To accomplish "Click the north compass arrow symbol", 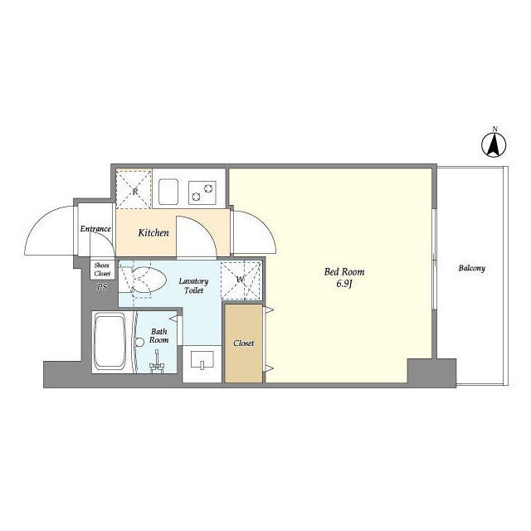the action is coord(494,145).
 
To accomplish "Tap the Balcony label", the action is coord(472,268).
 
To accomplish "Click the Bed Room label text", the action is coord(344,271).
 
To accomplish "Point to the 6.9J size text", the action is coord(344,284).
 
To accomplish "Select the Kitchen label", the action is coord(153,232).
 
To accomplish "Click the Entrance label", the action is coord(95,229).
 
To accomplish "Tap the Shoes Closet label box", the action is coord(102,269).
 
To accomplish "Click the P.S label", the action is coord(102,287).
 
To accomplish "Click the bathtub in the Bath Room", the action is coord(110,341).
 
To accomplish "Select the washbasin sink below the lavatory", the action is coord(202,359).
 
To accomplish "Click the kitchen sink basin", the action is coord(168,192).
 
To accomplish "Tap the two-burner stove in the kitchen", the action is coord(202,192).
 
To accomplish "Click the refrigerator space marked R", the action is coord(134,189).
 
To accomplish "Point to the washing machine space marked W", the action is coord(241,280).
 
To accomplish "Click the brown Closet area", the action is coord(243,343).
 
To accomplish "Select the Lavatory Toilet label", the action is coord(193,285).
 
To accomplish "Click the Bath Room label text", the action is coord(158,335).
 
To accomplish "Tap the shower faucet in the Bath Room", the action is coord(157,363).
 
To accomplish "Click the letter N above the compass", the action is coord(494,129).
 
